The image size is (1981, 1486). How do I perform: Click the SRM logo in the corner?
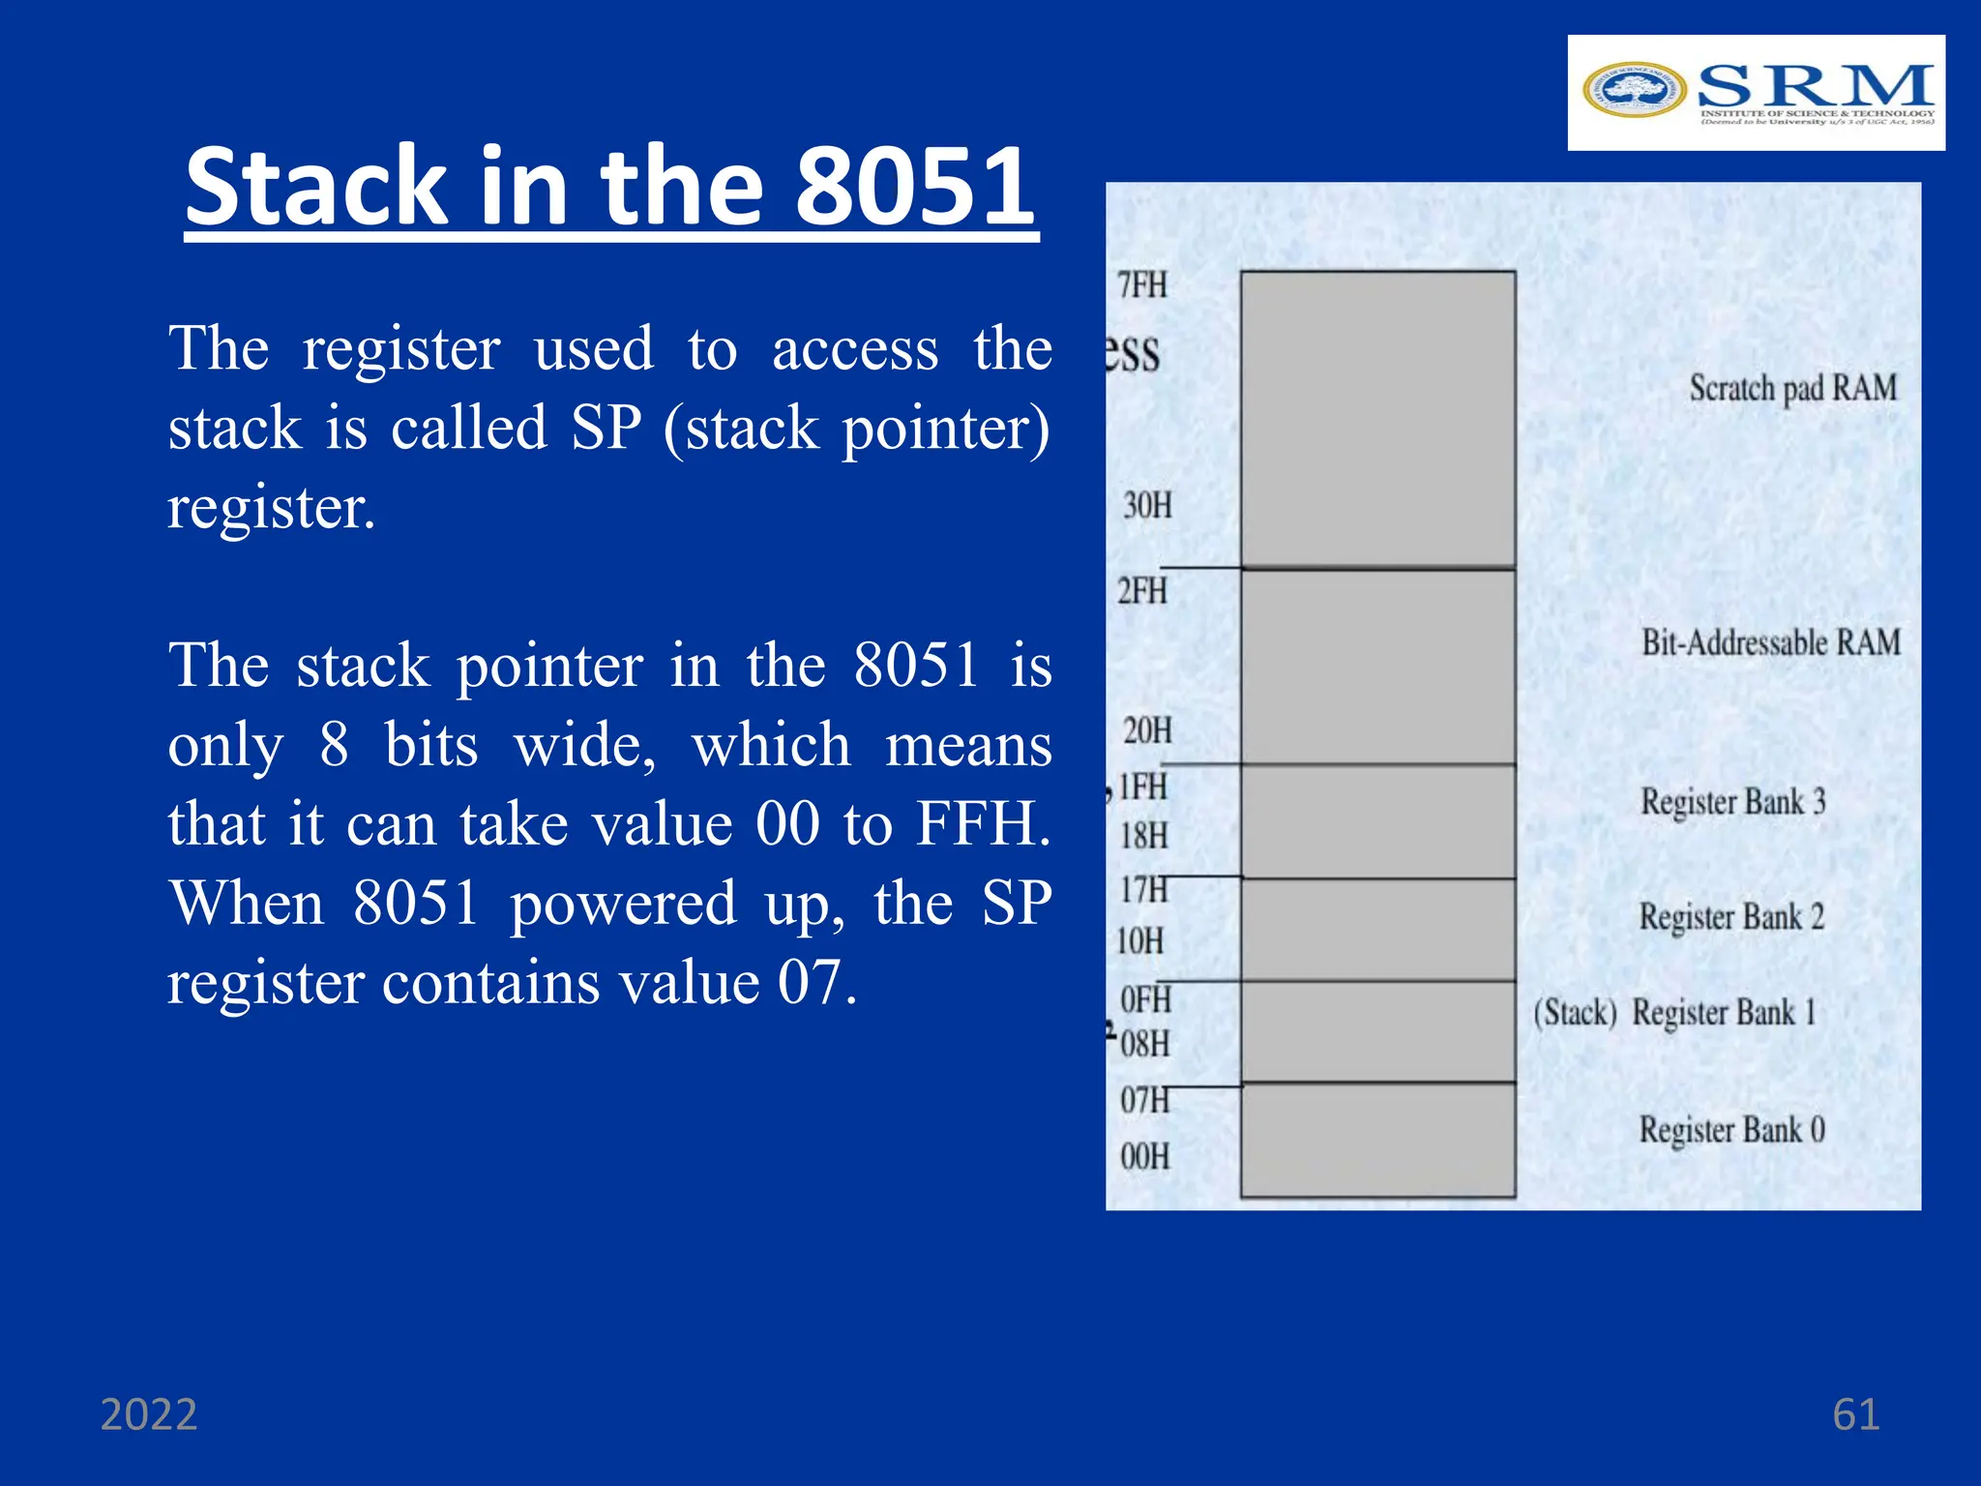[x=1756, y=93]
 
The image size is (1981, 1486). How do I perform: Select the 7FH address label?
[x=1142, y=285]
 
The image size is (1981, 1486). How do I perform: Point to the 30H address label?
[x=1147, y=505]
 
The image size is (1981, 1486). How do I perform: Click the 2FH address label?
[x=1142, y=590]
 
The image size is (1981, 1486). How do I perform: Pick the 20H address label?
[x=1147, y=730]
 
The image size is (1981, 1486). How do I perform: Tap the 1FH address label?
[x=1143, y=787]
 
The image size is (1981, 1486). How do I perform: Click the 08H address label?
[x=1145, y=1044]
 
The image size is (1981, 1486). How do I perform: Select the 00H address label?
[x=1145, y=1156]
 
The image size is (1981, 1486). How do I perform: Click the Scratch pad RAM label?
[x=1792, y=388]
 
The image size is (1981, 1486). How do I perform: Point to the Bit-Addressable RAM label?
[x=1770, y=642]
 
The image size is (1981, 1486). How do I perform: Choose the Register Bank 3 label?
[x=1732, y=801]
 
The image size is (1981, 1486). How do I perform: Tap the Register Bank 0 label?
[x=1731, y=1129]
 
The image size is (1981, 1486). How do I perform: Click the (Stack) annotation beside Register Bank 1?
[x=1575, y=1013]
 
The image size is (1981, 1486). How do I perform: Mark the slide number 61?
[x=1855, y=1414]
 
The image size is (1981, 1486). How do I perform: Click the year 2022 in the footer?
[x=149, y=1414]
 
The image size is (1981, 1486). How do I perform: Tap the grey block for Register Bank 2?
[x=1377, y=930]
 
